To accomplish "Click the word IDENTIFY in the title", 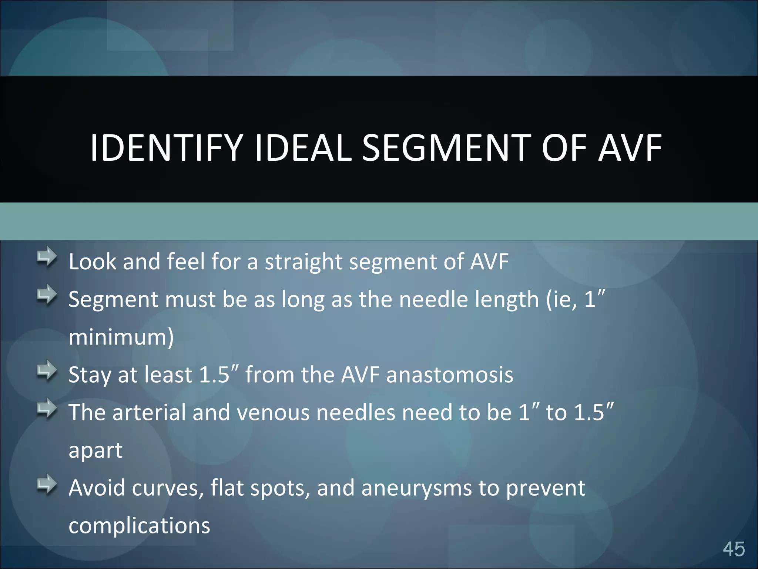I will click(x=166, y=148).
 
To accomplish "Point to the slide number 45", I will click(x=734, y=549).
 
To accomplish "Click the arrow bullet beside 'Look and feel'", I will click(x=47, y=257).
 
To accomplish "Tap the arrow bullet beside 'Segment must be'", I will click(x=47, y=295).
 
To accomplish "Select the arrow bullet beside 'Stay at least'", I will click(x=47, y=370).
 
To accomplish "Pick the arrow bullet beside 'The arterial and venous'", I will click(x=47, y=408).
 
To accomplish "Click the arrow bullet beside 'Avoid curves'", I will click(x=47, y=484).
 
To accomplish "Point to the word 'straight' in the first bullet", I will click(x=303, y=262).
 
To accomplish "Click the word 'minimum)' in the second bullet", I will click(x=121, y=338).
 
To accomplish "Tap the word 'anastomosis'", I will click(x=450, y=375).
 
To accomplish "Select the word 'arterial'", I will click(x=149, y=413).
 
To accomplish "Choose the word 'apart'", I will click(x=95, y=451).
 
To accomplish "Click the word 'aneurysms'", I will click(x=416, y=488).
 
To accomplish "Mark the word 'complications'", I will click(x=139, y=526).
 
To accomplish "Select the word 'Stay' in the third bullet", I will click(x=90, y=375).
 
